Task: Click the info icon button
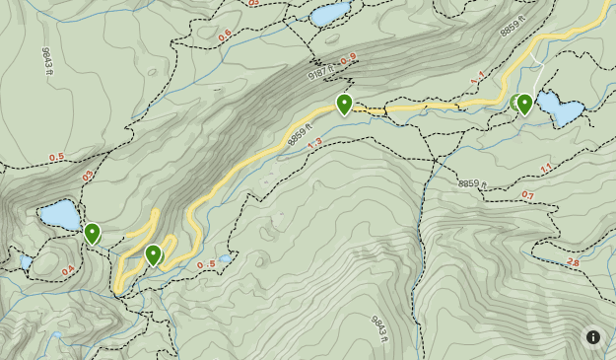(593, 337)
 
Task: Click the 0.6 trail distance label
(225, 36)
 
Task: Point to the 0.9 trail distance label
(347, 61)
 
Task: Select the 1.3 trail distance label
(314, 144)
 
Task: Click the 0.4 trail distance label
(68, 270)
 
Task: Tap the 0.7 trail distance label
(527, 195)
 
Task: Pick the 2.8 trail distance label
(574, 262)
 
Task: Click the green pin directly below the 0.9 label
(344, 104)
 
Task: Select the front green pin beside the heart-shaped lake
(525, 104)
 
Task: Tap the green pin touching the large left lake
(92, 234)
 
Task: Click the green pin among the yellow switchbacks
(153, 255)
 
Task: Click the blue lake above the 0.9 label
(329, 14)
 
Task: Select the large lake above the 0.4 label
(60, 214)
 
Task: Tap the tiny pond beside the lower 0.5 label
(226, 258)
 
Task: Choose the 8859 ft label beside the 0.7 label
(475, 183)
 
